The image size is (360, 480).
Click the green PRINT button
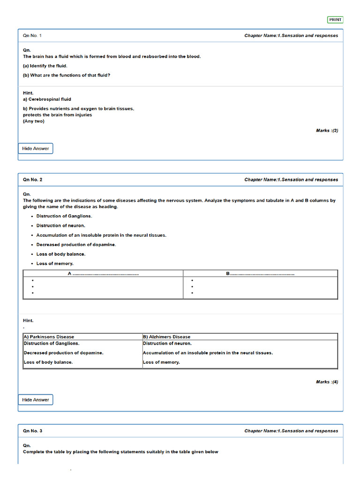coord(335,20)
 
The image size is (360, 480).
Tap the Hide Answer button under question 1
coord(36,149)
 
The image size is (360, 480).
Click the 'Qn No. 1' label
coord(32,36)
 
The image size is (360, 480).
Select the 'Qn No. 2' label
coord(32,180)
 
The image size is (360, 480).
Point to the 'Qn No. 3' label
coord(32,431)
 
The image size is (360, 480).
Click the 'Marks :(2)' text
coord(327,130)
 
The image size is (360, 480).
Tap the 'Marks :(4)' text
coord(327,382)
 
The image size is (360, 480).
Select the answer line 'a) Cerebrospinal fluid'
coord(47,99)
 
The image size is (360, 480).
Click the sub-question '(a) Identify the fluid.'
coord(45,66)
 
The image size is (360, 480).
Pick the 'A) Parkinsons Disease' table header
coord(49,337)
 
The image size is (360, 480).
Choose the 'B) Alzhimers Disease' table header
coord(167,337)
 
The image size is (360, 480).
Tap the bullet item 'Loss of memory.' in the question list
coord(55,263)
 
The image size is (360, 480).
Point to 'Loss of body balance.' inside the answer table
coord(48,362)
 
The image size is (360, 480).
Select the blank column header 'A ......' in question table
coord(103,273)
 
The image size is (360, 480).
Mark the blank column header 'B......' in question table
coord(260,273)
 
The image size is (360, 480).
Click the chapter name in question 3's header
coord(291,431)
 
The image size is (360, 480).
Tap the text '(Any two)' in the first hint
coord(34,121)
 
